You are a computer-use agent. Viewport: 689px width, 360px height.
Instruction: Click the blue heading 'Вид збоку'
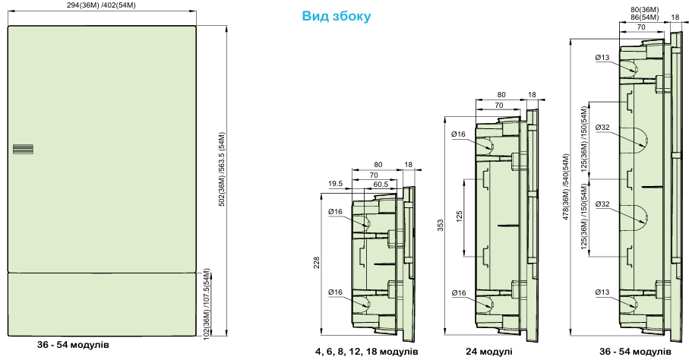click(337, 16)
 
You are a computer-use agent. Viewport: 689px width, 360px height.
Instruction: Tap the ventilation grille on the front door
click(23, 150)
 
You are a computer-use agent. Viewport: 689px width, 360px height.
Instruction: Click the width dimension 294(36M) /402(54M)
click(103, 5)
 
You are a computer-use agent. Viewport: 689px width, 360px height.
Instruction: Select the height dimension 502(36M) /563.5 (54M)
click(222, 169)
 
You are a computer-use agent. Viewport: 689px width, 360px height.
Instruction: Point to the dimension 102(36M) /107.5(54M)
click(207, 304)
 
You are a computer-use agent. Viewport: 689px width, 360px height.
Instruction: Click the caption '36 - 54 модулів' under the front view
click(73, 345)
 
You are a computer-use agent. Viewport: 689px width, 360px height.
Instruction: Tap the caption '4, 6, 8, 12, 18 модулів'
click(366, 352)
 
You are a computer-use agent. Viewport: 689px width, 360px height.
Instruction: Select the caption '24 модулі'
click(489, 352)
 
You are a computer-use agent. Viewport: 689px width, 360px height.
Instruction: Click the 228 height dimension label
click(317, 263)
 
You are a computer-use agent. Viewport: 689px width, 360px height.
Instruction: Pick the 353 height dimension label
click(441, 225)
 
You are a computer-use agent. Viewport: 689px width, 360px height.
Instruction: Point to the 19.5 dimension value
click(335, 184)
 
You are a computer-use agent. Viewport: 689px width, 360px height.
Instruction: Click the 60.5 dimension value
click(381, 184)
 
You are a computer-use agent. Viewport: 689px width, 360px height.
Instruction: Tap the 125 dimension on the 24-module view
click(459, 216)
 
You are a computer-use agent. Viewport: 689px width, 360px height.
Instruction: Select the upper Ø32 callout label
click(602, 128)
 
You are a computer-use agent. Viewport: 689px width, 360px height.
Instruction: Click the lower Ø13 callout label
click(602, 292)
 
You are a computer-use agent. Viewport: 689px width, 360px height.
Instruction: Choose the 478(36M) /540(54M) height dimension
click(566, 187)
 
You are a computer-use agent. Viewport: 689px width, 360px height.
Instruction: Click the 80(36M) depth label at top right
click(644, 10)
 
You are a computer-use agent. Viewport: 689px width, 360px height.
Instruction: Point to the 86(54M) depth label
click(644, 17)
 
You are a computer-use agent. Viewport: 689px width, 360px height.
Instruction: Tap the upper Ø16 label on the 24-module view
click(458, 134)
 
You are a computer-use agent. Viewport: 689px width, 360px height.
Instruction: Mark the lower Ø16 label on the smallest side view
click(335, 292)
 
